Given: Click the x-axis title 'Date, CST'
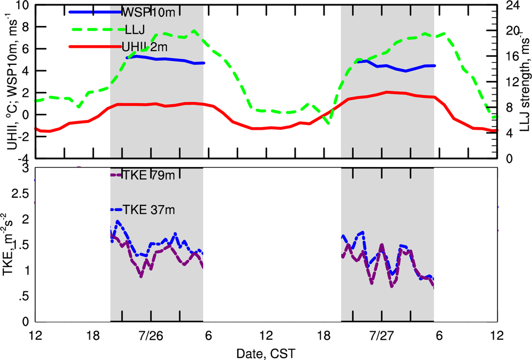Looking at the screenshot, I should coord(265,353).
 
